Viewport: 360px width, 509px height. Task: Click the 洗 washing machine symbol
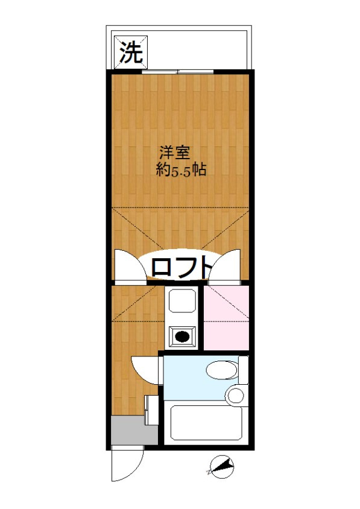click(x=130, y=54)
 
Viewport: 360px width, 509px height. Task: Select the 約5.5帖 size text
click(x=181, y=170)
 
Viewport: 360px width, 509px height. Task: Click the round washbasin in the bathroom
click(x=236, y=396)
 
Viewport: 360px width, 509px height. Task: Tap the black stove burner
click(x=182, y=337)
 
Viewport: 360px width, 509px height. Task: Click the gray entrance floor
click(x=126, y=431)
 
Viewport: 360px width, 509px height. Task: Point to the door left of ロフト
click(x=129, y=265)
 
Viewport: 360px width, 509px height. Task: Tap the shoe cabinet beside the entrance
click(x=151, y=410)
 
